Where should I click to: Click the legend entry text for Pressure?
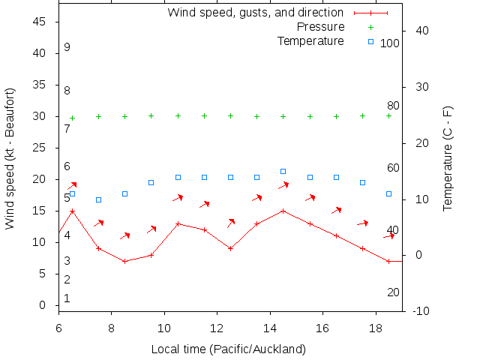click(321, 27)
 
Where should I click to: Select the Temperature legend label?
click(310, 40)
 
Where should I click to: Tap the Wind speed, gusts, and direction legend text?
click(255, 13)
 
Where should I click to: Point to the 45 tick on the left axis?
click(40, 22)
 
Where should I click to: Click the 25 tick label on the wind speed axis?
click(40, 148)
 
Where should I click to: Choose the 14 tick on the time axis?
click(269, 328)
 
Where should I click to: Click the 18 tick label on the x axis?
click(375, 328)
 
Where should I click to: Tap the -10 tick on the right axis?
click(421, 311)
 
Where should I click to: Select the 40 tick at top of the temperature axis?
click(421, 31)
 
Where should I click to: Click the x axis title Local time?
click(228, 349)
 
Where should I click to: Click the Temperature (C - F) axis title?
click(448, 158)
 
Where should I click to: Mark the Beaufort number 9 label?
click(67, 47)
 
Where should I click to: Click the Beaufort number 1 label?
click(67, 298)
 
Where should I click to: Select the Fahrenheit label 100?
click(389, 43)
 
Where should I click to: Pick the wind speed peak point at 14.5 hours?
click(283, 211)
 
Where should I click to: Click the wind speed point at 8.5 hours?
click(124, 262)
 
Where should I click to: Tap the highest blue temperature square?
click(283, 172)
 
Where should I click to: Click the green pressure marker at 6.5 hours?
click(72, 118)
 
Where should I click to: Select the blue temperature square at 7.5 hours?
click(98, 200)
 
